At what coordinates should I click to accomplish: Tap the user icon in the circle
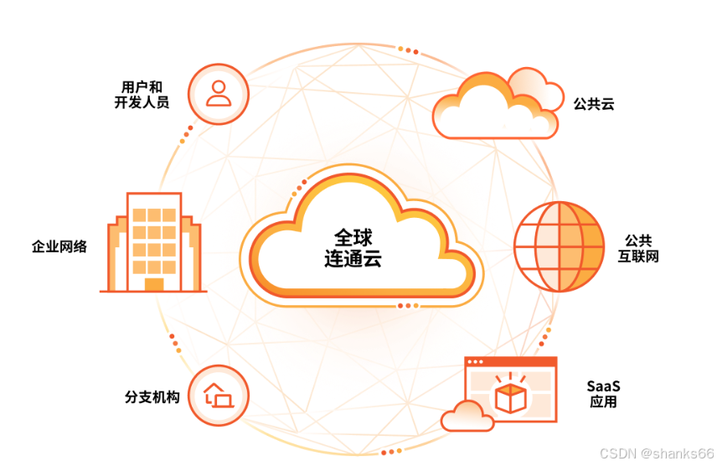[219, 92]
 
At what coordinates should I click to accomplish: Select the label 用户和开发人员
[142, 95]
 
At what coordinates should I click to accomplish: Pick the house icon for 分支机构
[218, 395]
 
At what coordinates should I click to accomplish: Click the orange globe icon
[559, 246]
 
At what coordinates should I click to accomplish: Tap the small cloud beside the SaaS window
[467, 416]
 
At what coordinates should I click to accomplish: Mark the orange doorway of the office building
[154, 284]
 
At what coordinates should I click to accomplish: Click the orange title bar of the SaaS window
[511, 362]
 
